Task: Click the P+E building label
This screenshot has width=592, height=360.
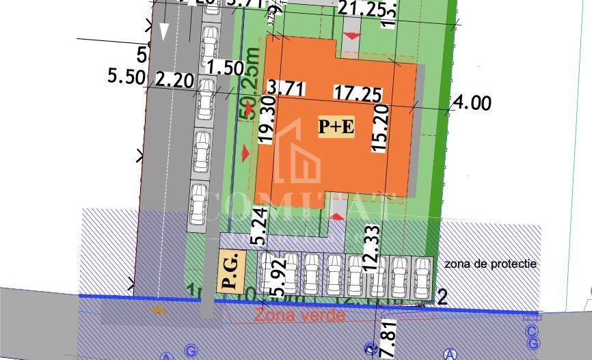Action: click(336, 126)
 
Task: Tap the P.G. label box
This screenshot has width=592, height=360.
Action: click(230, 271)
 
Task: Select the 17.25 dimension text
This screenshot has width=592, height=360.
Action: click(357, 94)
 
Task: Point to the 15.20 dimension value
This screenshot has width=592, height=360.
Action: click(381, 126)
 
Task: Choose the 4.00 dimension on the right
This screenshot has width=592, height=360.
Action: click(472, 103)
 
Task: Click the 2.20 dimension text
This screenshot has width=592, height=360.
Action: click(175, 80)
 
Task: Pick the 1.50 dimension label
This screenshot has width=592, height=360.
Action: click(225, 68)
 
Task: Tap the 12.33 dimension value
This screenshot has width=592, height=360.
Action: click(371, 249)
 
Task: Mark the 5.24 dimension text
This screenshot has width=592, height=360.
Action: click(258, 226)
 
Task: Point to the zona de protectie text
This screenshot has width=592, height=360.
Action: click(490, 264)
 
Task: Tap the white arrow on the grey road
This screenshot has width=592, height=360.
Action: click(163, 31)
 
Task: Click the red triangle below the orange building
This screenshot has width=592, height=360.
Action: click(337, 217)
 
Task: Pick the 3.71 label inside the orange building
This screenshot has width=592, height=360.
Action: click(286, 88)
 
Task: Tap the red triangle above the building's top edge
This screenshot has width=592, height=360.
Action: click(351, 36)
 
